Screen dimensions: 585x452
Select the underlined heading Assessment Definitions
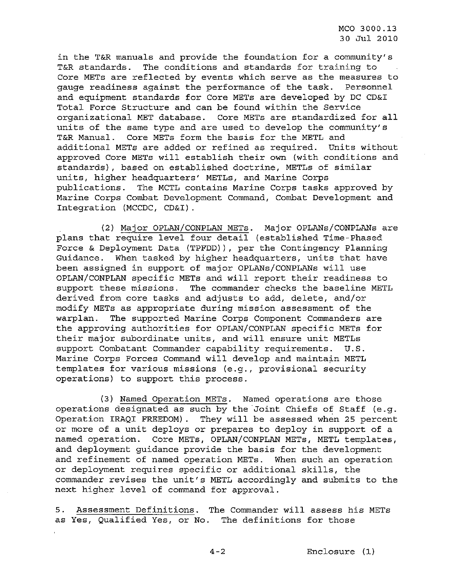(136, 510)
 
